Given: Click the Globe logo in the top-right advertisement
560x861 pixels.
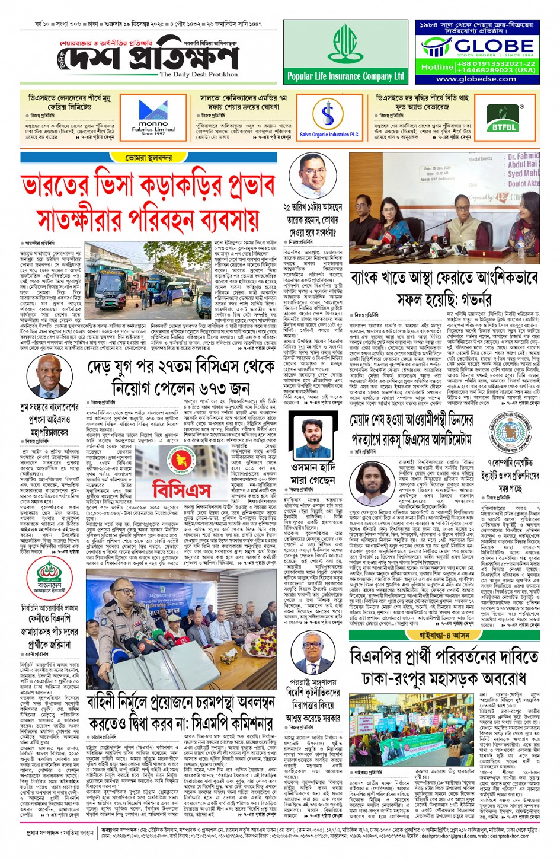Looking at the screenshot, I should [477, 46].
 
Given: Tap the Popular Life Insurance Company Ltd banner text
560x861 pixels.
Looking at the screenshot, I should [345, 76].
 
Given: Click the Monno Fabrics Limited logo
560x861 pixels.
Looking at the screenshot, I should [153, 117].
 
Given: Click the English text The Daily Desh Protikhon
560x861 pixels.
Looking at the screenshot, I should [199, 75].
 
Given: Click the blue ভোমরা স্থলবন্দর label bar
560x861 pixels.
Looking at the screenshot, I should [149, 158].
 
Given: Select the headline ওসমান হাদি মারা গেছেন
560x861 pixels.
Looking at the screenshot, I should [312, 473].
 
